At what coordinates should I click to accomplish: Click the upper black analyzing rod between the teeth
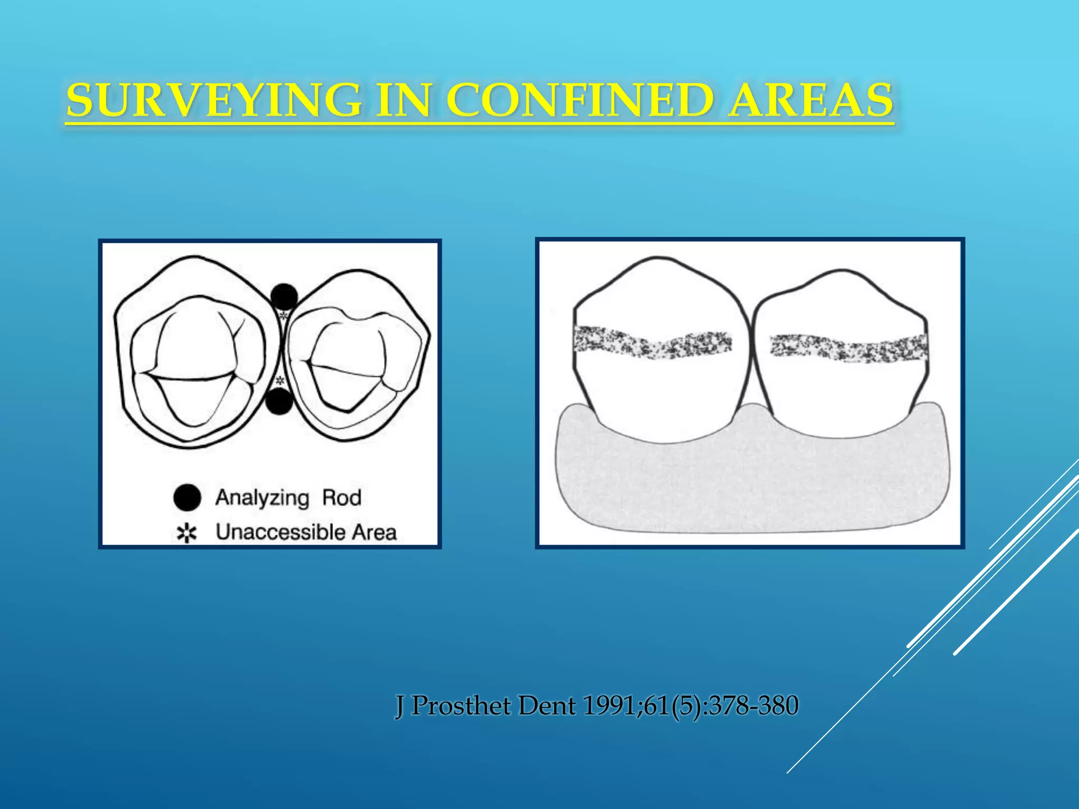click(284, 297)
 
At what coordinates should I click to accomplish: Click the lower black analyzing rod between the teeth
click(279, 401)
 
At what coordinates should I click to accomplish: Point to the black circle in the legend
click(187, 498)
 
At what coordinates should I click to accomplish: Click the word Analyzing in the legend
click(262, 498)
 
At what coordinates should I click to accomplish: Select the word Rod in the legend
click(341, 498)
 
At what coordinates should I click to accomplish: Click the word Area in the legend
click(375, 532)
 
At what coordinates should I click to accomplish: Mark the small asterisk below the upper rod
click(283, 316)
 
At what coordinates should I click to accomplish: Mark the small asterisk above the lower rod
click(280, 380)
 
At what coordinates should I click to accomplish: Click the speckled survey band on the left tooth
click(652, 342)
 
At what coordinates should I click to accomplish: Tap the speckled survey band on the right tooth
click(848, 348)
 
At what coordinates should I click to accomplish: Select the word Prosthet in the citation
click(461, 706)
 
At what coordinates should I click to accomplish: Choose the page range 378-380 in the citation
click(753, 706)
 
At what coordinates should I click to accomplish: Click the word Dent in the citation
click(547, 706)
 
